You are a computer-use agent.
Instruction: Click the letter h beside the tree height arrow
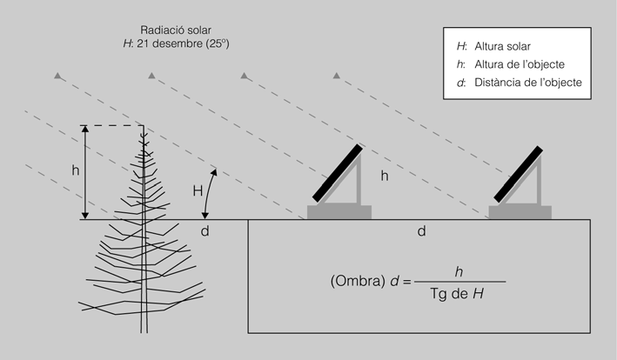coord(75,170)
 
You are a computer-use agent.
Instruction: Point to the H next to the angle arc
coord(197,190)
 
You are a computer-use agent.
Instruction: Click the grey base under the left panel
coord(339,211)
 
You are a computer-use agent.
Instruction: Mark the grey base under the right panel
coord(520,211)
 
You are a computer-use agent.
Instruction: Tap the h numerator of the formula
coord(458,270)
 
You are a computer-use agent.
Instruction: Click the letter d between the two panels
coord(421,231)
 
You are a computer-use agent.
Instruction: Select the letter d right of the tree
coord(205,231)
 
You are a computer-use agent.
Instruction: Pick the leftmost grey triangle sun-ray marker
coord(58,77)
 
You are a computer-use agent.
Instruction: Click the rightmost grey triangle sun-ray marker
coord(336,77)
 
